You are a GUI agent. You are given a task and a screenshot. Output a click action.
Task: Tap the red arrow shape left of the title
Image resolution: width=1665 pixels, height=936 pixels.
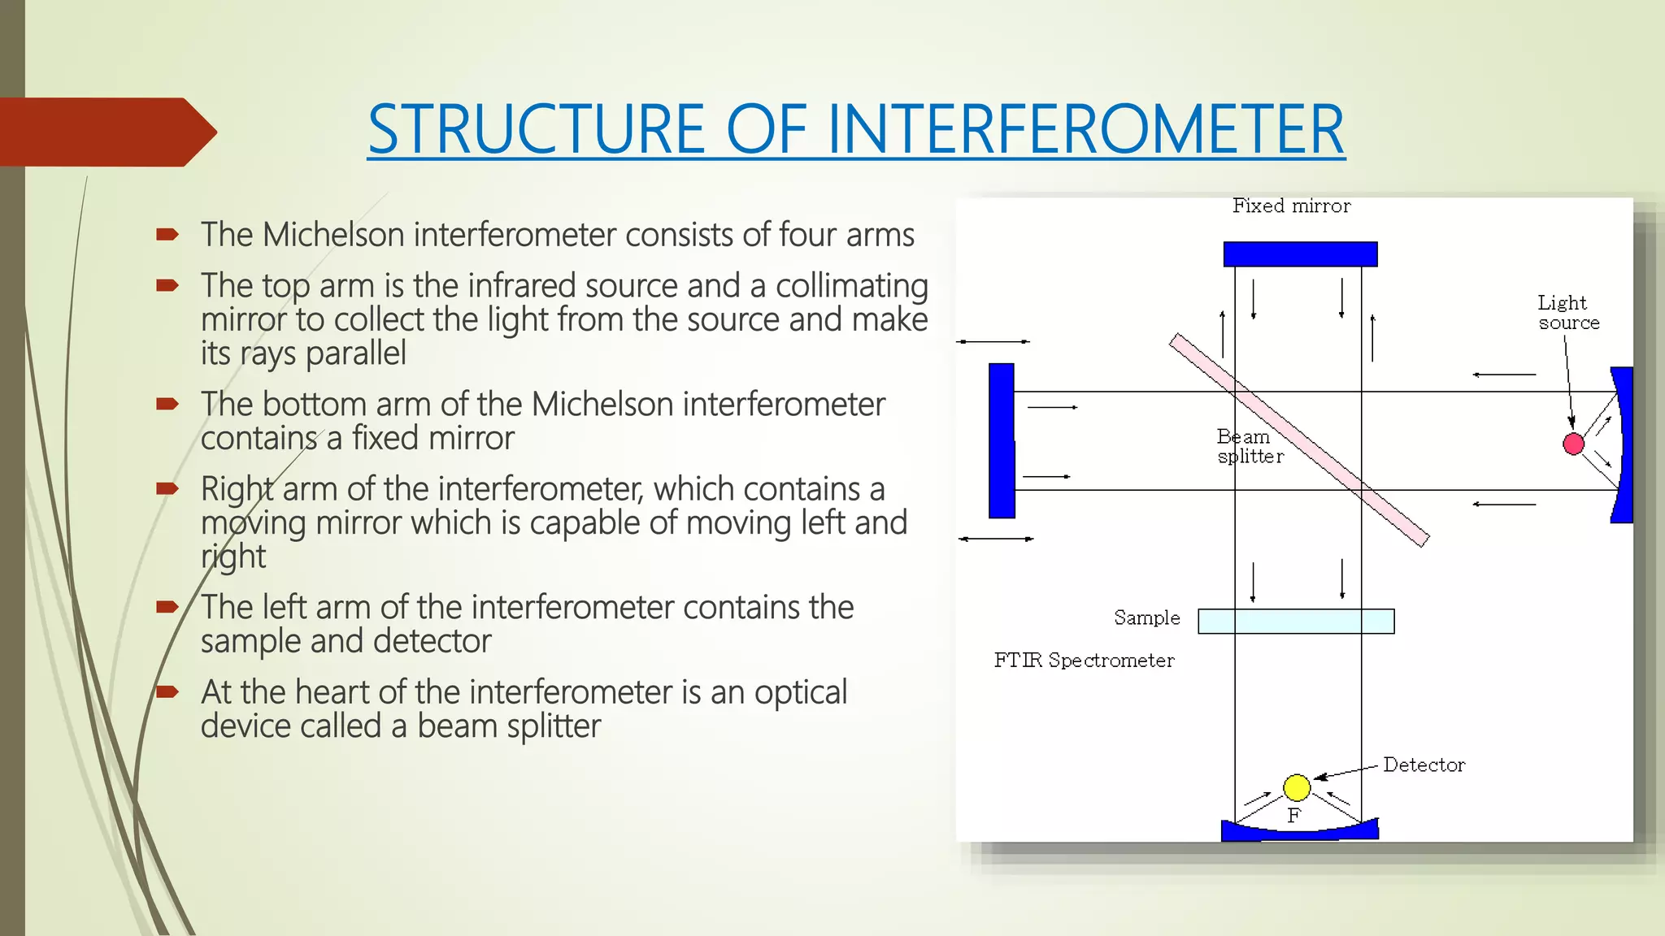[106, 132]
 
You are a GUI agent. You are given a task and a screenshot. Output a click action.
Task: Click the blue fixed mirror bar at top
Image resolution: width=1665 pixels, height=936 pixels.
[1300, 254]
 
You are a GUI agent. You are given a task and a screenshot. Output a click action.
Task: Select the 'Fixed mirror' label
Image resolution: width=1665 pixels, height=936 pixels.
[1291, 206]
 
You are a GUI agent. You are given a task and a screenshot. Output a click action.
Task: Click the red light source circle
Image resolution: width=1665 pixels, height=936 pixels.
[1573, 444]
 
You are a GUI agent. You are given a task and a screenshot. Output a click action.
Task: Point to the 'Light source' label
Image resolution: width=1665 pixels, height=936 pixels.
[1567, 313]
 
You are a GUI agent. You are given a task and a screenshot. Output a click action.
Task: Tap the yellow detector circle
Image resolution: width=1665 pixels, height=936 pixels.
[1297, 787]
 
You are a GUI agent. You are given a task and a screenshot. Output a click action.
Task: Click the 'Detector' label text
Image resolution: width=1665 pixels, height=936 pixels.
[1424, 765]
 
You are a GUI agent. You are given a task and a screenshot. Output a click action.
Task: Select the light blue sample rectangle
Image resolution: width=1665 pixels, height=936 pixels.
[1296, 622]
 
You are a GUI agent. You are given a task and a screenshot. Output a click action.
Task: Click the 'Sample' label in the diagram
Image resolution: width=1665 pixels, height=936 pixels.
[1146, 618]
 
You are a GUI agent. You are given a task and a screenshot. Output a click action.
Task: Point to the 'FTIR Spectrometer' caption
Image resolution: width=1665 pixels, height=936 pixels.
[1084, 661]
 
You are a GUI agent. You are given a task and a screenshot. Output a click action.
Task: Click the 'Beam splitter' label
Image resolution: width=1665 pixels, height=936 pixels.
[1248, 447]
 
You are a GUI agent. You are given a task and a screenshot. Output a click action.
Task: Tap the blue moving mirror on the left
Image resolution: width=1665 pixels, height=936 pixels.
[1002, 440]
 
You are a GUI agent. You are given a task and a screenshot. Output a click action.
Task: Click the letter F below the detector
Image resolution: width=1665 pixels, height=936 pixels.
[1294, 816]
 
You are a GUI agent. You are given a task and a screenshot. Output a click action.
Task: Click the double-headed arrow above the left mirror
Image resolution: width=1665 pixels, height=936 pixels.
[993, 342]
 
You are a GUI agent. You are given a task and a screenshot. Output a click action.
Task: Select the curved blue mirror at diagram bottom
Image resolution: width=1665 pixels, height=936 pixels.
[1299, 831]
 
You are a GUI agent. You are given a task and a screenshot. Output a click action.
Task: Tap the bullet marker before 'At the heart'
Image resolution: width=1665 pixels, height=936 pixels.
[167, 692]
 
